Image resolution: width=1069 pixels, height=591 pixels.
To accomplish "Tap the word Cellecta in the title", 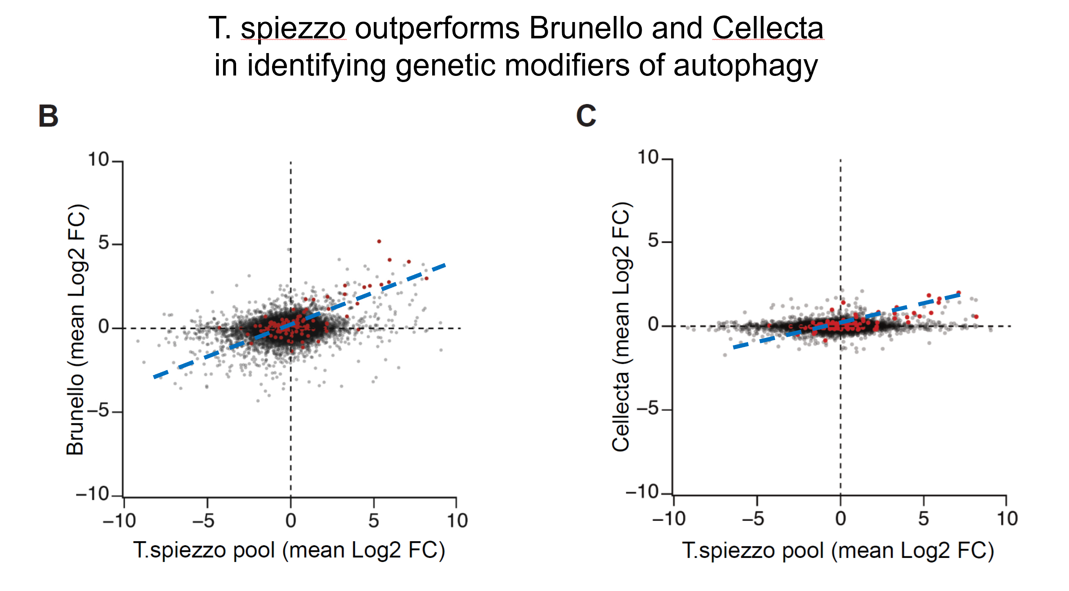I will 768,28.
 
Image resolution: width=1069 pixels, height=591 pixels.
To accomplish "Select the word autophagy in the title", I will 745,67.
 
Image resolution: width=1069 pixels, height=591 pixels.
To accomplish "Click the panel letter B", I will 48,116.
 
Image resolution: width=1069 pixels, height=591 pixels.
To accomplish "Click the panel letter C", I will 586,116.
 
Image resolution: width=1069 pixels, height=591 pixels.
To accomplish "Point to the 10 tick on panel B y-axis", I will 98,160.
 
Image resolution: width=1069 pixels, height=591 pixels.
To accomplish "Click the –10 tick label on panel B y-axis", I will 92,494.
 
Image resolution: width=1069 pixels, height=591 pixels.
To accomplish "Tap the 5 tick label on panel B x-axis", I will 373,520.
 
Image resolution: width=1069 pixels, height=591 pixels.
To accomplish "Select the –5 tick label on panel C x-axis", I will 753,519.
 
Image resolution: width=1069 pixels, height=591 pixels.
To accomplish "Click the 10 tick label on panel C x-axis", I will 1007,519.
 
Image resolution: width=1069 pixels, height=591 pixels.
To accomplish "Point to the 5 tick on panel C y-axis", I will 653,240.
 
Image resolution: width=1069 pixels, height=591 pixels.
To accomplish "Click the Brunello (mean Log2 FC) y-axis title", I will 76,330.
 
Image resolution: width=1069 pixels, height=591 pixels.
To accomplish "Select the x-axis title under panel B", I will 289,550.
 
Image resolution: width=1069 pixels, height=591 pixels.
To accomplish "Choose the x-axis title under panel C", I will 838,551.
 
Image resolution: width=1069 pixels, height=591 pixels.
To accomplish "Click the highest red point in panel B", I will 379,241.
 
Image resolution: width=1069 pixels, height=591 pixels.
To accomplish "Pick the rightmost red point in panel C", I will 976,317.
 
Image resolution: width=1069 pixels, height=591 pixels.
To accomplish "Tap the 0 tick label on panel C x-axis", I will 840,519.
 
